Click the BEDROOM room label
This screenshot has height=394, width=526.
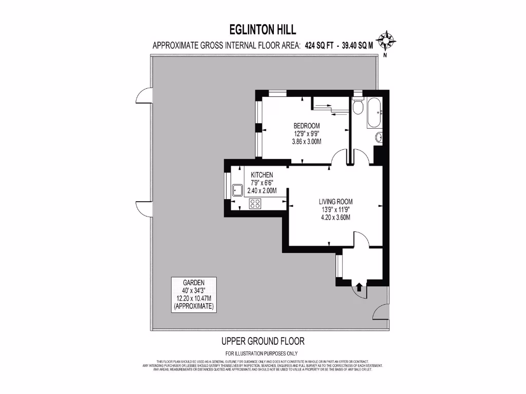(307, 126)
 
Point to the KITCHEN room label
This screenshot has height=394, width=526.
(262, 175)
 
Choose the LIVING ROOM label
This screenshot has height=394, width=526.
(335, 202)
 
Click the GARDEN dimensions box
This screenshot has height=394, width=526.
(194, 295)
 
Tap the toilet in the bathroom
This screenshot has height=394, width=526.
(358, 107)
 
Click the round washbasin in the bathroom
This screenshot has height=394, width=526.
(379, 137)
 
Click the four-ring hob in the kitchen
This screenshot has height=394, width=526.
(255, 204)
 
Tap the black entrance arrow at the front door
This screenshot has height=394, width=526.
(359, 288)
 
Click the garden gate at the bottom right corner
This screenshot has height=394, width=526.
(381, 310)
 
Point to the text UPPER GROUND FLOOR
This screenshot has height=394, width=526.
(263, 341)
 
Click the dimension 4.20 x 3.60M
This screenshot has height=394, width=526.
(335, 217)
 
